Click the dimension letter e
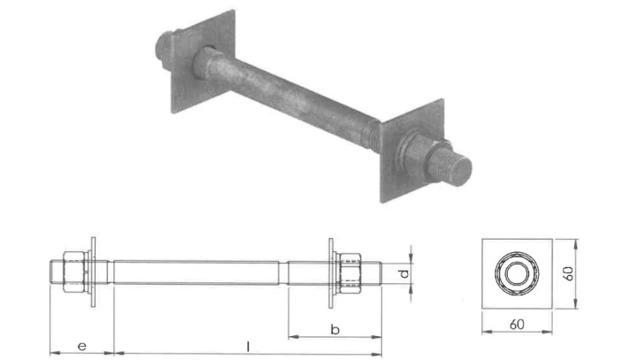(81, 343)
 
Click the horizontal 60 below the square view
(517, 325)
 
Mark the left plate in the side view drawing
(92, 272)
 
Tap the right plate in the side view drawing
(331, 272)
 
